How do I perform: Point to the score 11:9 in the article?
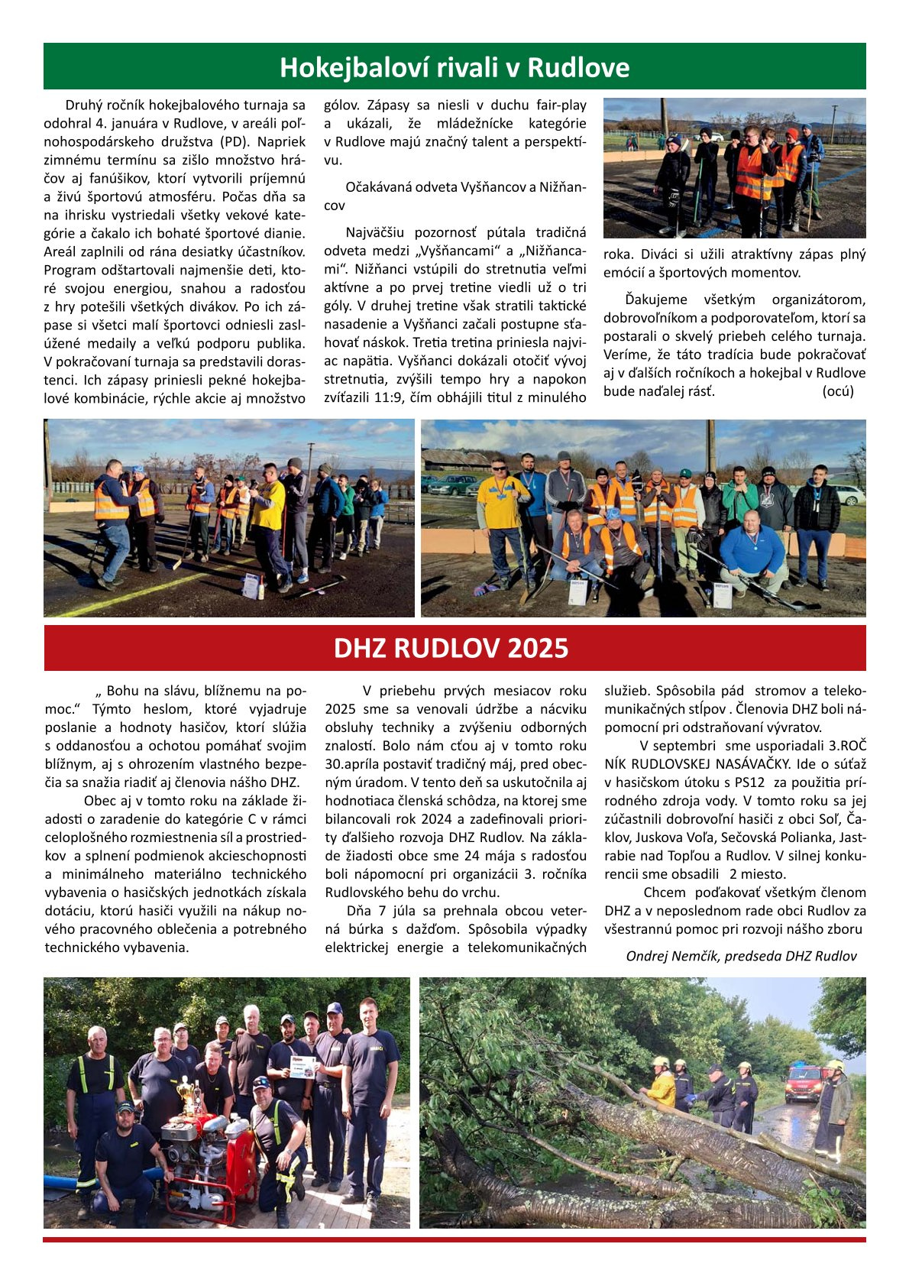click(x=387, y=397)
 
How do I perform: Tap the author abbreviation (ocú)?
click(x=837, y=391)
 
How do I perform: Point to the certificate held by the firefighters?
click(x=302, y=1067)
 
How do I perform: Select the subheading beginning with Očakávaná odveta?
click(x=455, y=196)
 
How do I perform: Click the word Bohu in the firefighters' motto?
click(x=124, y=690)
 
